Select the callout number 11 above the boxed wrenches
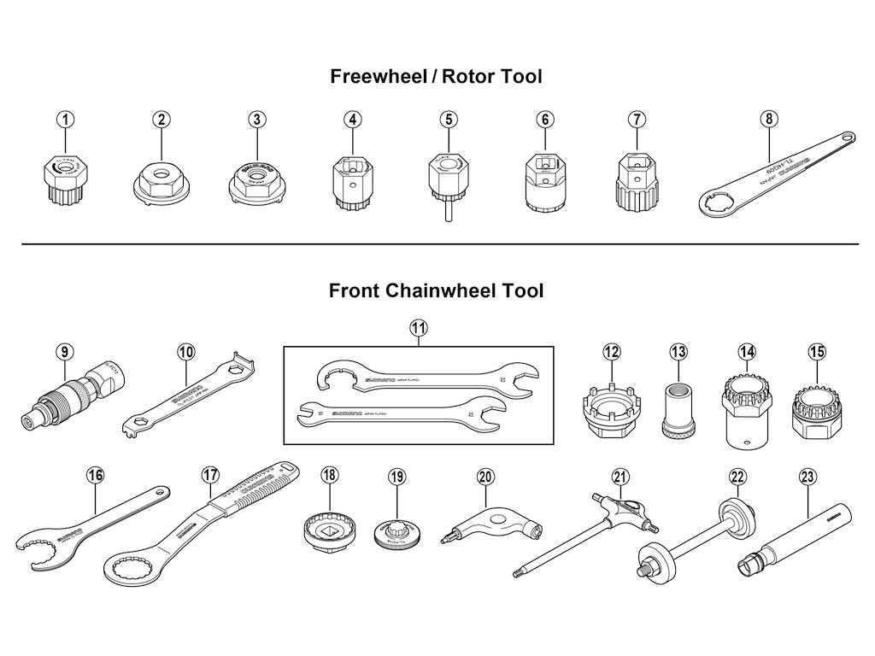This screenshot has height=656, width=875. tap(419, 328)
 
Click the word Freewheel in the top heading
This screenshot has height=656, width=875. tap(379, 77)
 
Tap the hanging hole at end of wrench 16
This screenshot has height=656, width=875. tap(159, 493)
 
